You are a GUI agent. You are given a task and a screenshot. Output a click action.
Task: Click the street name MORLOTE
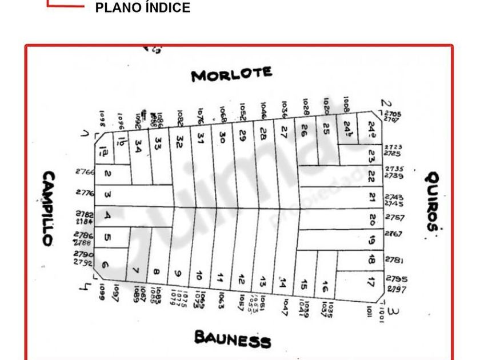231,74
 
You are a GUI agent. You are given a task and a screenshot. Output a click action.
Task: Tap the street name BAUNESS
232,339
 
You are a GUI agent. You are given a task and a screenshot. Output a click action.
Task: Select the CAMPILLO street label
49,209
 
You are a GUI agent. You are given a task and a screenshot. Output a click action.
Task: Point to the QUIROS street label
432,201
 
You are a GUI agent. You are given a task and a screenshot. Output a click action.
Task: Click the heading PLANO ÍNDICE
142,8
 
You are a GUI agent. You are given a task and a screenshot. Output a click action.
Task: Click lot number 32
179,140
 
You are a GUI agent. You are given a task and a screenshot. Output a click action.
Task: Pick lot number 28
263,134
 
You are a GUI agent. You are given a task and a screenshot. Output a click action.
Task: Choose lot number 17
371,281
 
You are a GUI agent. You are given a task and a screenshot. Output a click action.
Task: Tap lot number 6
105,265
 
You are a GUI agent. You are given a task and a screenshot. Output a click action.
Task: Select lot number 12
242,279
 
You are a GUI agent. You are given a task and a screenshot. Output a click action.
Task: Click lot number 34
138,145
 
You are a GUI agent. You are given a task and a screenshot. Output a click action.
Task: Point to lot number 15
304,284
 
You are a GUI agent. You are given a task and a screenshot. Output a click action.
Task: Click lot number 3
107,195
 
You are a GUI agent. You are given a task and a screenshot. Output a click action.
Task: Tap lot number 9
178,274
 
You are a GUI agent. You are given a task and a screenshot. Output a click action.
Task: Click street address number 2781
393,260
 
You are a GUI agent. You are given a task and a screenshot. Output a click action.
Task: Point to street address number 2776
85,193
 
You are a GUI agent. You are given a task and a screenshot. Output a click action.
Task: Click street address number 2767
393,234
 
